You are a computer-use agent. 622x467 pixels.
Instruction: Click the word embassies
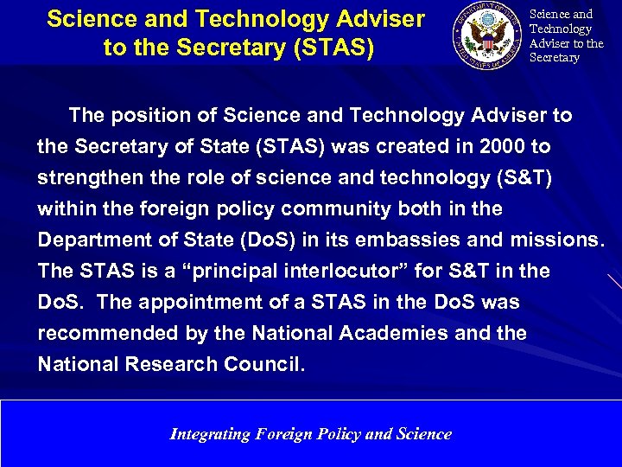[435, 240]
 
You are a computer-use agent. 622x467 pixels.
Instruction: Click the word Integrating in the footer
[210, 433]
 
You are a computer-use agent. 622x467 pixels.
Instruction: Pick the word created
[397, 146]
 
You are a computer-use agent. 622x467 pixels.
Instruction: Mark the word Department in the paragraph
[96, 240]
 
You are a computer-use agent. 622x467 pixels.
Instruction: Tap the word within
[65, 208]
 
